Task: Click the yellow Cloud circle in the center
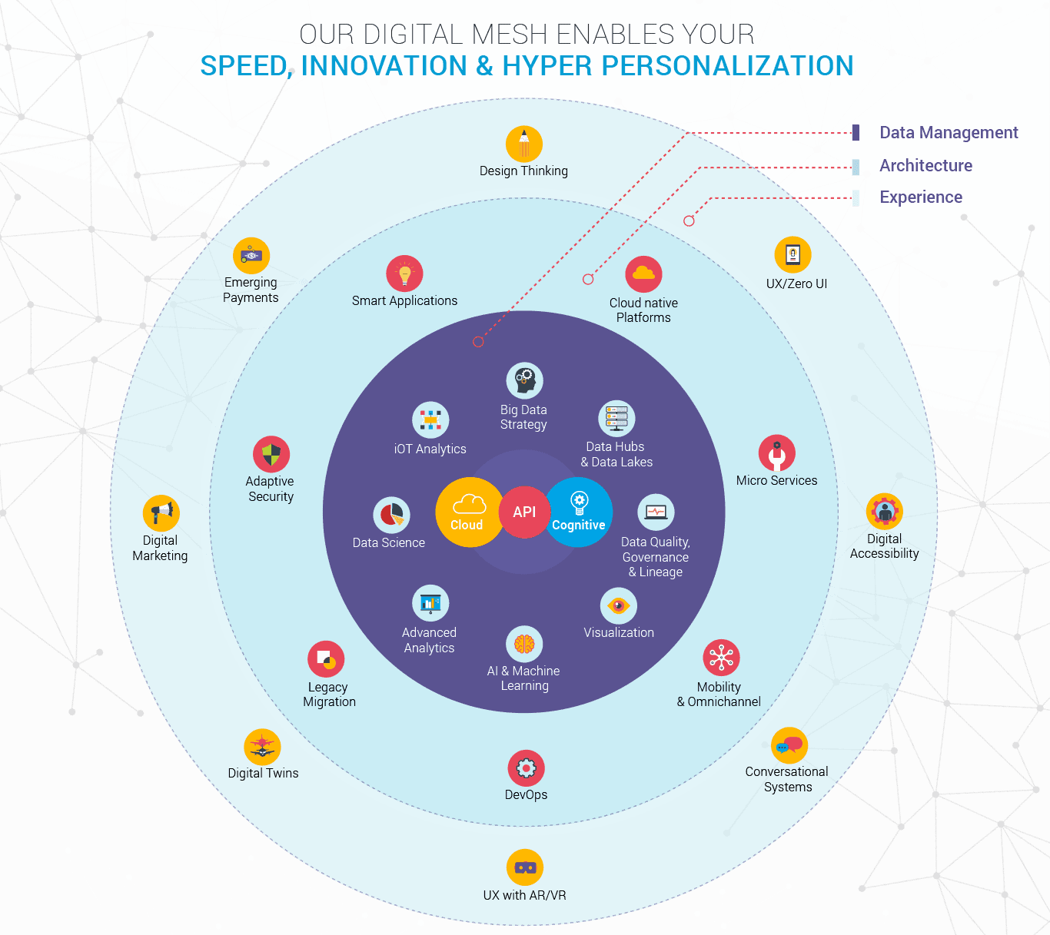coord(468,512)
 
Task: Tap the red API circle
coord(524,512)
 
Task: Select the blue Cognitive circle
coord(580,512)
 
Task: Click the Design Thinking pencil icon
coord(524,144)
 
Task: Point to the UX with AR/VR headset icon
coord(525,867)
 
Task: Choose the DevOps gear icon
coord(527,768)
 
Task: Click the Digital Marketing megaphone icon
coord(161,512)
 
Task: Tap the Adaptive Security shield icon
coord(271,454)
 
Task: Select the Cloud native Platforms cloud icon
coord(643,274)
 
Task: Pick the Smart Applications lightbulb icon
coord(405,274)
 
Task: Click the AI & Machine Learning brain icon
coord(525,644)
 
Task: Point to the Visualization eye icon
coord(618,606)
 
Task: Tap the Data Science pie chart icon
coord(391,515)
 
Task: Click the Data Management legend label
coord(949,133)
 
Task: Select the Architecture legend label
coord(925,166)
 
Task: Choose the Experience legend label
coord(921,197)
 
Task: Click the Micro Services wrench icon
coord(777,453)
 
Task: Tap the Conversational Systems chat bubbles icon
coord(789,744)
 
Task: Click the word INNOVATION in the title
coord(384,66)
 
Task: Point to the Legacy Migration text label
coord(329,695)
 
